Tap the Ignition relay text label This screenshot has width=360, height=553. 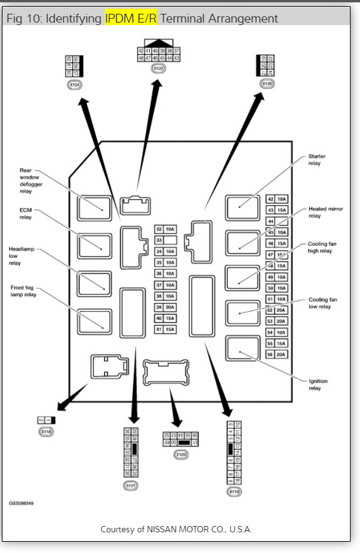(317, 384)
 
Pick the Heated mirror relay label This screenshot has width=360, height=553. (320, 212)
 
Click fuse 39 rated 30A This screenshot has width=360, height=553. (166, 307)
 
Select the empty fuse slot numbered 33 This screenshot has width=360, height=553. (166, 240)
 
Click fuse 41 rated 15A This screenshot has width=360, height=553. (166, 329)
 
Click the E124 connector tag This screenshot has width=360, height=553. (75, 83)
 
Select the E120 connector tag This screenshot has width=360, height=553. (267, 83)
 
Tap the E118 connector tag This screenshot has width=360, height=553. (46, 432)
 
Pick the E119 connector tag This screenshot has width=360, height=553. (235, 492)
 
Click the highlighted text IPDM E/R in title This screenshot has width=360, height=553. (131, 19)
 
